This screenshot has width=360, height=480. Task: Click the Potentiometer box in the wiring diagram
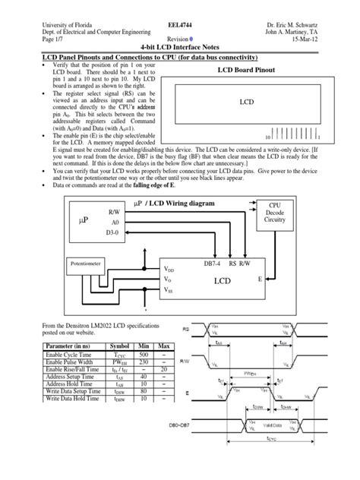point(91,265)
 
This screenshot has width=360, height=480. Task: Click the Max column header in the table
point(185,346)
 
